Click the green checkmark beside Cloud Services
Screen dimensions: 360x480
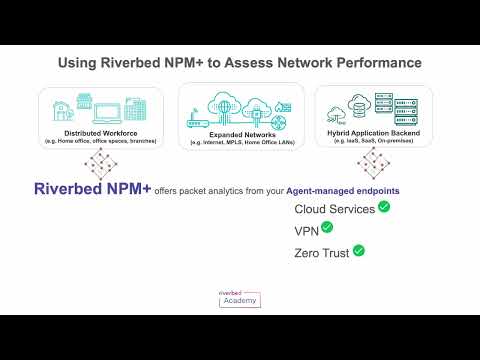384,208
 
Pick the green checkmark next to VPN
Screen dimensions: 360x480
326,229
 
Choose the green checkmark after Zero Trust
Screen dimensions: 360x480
358,251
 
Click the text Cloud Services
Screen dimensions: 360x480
335,209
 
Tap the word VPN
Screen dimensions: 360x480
306,230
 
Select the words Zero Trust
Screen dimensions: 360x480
322,252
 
